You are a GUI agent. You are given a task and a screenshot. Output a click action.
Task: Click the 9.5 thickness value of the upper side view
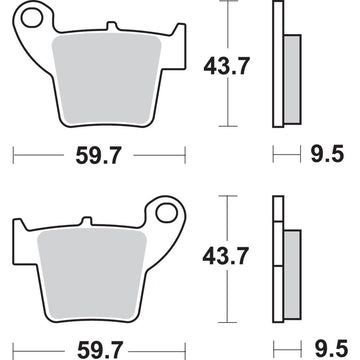(x=327, y=154)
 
